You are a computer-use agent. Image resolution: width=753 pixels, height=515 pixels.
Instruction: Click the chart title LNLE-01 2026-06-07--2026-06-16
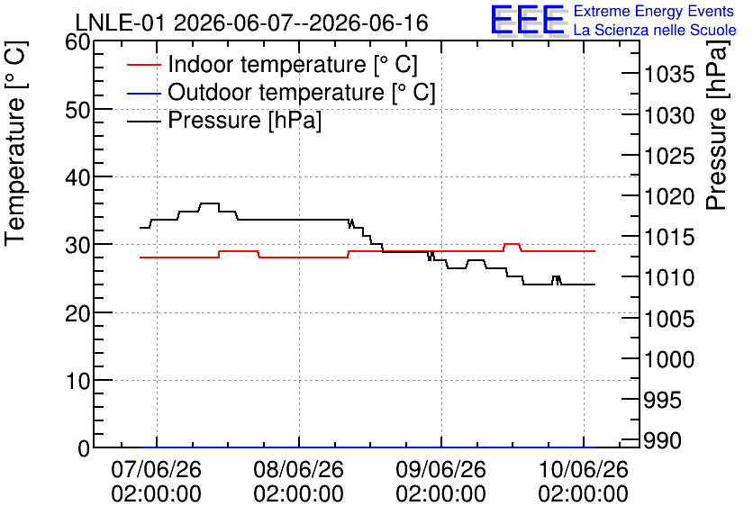[251, 23]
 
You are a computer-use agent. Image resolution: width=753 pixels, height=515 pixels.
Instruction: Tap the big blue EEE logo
[528, 20]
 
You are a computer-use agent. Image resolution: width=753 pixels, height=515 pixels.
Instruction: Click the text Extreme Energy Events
[654, 11]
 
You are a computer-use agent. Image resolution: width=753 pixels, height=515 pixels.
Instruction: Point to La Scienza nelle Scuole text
[655, 31]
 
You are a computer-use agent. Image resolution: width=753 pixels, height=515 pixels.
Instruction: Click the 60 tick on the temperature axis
[77, 41]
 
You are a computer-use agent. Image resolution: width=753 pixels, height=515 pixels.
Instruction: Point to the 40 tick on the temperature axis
[77, 177]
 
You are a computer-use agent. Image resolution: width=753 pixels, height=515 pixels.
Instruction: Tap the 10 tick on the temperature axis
[77, 381]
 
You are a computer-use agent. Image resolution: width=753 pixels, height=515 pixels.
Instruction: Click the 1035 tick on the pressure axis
[669, 75]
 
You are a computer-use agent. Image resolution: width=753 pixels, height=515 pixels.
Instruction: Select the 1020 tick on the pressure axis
[669, 196]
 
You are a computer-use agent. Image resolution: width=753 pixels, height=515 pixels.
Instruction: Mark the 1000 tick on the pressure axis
[669, 359]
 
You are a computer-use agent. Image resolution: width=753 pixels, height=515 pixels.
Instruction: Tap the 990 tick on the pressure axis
[662, 440]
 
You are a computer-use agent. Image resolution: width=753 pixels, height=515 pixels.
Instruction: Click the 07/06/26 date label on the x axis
[156, 469]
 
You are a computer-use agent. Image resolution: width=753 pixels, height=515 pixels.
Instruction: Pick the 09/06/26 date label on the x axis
[440, 469]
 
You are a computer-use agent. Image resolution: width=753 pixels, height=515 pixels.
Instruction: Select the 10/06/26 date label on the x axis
[584, 469]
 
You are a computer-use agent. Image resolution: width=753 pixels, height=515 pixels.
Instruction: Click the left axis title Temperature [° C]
[15, 143]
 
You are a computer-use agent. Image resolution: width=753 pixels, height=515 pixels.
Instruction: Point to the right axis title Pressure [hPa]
[717, 124]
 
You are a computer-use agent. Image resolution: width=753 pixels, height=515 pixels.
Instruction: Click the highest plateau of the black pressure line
[209, 203]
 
